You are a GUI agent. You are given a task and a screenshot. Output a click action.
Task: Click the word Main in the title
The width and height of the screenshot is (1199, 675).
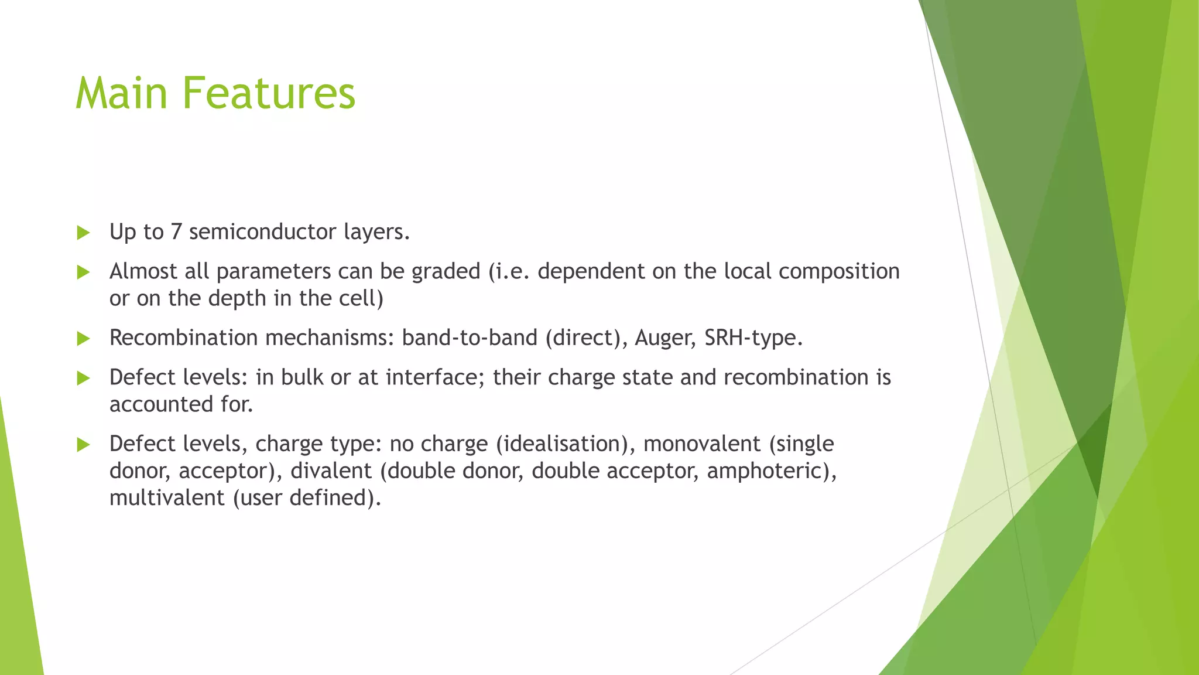[121, 94]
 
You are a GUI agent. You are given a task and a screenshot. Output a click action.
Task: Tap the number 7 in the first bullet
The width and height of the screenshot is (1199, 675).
[176, 232]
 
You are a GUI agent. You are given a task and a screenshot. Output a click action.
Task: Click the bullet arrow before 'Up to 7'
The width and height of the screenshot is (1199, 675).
[83, 233]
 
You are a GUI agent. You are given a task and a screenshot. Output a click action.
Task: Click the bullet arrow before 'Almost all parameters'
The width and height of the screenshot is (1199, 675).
[83, 272]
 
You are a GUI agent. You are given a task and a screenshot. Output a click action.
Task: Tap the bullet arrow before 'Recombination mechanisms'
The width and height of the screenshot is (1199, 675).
[83, 338]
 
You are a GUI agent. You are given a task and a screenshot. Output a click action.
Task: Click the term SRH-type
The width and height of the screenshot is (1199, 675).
[753, 338]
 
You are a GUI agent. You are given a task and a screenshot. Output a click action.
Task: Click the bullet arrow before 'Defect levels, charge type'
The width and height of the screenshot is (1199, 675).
[83, 445]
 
